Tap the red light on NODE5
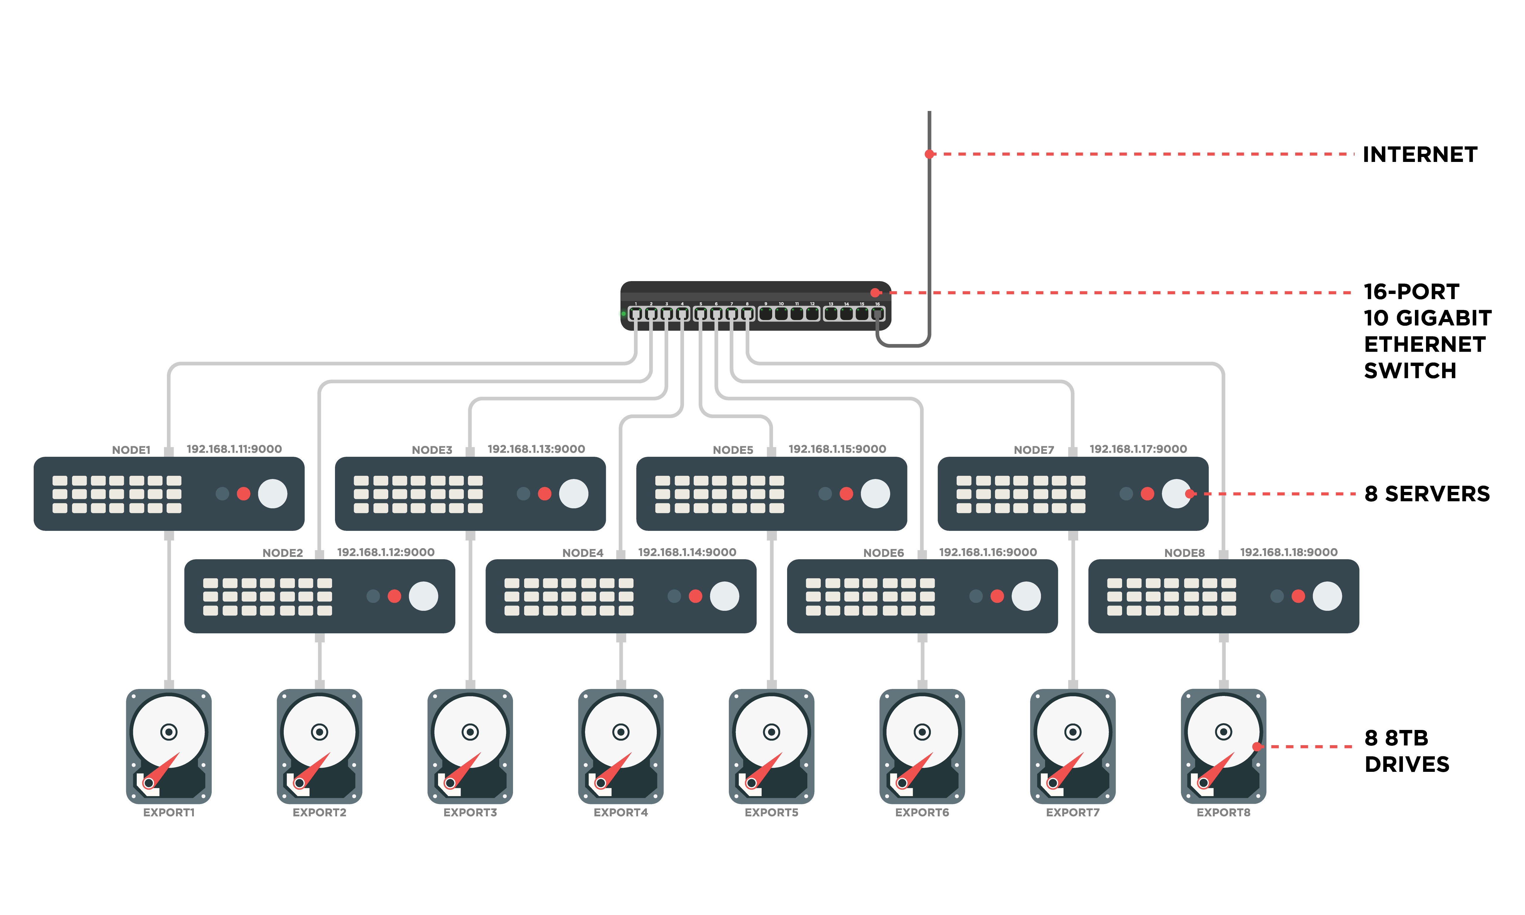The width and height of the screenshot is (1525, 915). click(846, 494)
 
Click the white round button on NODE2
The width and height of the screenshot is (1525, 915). click(423, 596)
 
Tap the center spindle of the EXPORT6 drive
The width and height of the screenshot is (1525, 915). click(922, 732)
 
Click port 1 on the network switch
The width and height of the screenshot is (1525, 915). click(635, 314)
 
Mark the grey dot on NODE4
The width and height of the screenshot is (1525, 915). click(674, 596)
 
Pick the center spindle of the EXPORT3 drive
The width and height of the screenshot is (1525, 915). click(470, 732)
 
